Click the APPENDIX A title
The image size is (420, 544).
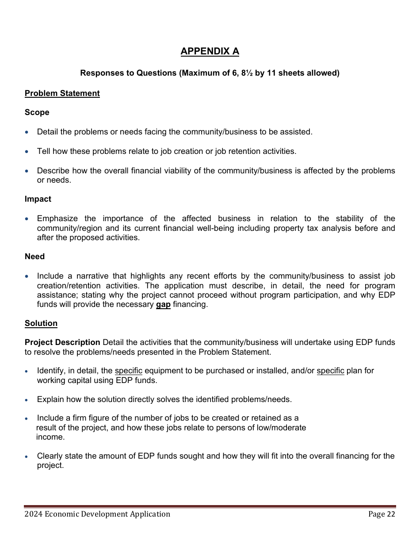[210, 51]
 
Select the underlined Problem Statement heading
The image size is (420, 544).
[62, 93]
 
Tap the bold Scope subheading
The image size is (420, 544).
[37, 112]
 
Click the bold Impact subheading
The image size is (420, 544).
[38, 199]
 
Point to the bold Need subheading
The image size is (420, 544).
[34, 257]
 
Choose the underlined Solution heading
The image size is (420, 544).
[41, 323]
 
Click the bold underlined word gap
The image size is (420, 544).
[163, 305]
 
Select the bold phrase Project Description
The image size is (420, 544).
[62, 342]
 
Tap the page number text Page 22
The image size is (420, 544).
[382, 514]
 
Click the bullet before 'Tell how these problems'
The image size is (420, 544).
[27, 152]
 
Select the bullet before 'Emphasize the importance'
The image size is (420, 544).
[27, 219]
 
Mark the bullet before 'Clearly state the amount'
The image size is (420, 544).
[27, 456]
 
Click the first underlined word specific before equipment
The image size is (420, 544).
[128, 371]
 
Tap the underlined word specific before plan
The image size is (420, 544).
[330, 371]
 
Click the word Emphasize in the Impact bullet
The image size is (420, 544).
[57, 218]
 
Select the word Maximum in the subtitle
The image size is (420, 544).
[196, 73]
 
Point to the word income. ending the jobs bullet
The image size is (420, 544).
[50, 437]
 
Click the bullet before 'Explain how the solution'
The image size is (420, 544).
[27, 400]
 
